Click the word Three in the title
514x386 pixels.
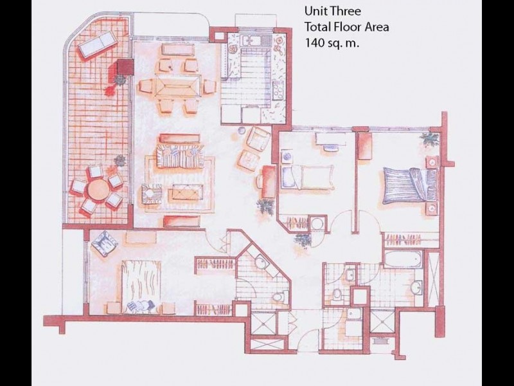pyautogui.click(x=346, y=11)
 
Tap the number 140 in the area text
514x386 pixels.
pyautogui.click(x=316, y=42)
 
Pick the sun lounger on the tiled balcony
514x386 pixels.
pyautogui.click(x=97, y=45)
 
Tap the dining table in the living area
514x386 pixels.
pyautogui.click(x=178, y=87)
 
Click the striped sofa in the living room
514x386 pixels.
pyautogui.click(x=180, y=156)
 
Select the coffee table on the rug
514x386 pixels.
pyautogui.click(x=186, y=192)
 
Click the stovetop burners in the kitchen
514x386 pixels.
pyautogui.click(x=278, y=89)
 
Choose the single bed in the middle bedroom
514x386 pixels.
pyautogui.click(x=308, y=177)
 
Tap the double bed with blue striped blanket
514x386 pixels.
pyautogui.click(x=410, y=185)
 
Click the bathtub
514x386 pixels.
pyautogui.click(x=403, y=259)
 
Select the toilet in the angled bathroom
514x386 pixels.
pyautogui.click(x=279, y=297)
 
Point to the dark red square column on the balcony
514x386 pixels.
pyautogui.click(x=125, y=67)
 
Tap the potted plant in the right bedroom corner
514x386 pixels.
pyautogui.click(x=430, y=139)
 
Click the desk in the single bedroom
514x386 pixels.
pyautogui.click(x=330, y=139)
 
